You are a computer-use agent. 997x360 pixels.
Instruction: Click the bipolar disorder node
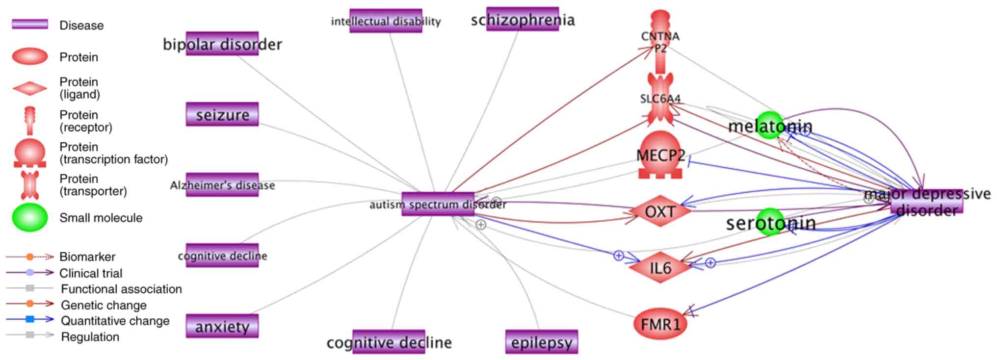(222, 44)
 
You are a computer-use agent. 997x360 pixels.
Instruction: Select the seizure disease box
(222, 115)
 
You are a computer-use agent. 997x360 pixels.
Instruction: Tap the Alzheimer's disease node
(222, 185)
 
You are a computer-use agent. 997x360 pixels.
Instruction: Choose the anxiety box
(222, 327)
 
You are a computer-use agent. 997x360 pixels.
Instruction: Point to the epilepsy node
(542, 342)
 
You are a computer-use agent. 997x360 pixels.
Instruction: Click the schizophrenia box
(523, 20)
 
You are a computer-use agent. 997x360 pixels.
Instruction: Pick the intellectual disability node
(386, 21)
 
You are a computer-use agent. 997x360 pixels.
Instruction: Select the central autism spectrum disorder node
(438, 204)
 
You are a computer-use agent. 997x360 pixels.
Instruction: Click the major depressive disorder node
(927, 202)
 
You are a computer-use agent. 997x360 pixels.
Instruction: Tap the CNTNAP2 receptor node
(660, 42)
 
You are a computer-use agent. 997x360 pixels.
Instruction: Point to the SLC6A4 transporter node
(660, 99)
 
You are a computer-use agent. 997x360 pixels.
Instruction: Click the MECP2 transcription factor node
(660, 155)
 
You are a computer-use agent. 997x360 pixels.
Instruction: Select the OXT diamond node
(660, 211)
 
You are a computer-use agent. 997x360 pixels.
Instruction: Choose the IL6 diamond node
(660, 268)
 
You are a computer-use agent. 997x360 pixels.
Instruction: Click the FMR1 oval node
(660, 324)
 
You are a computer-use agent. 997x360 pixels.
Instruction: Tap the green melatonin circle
(769, 126)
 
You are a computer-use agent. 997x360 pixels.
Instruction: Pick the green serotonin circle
(770, 222)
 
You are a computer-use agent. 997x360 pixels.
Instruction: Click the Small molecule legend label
(101, 218)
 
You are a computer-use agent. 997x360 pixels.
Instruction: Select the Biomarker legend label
(87, 257)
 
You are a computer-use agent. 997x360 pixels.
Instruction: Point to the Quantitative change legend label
(115, 321)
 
